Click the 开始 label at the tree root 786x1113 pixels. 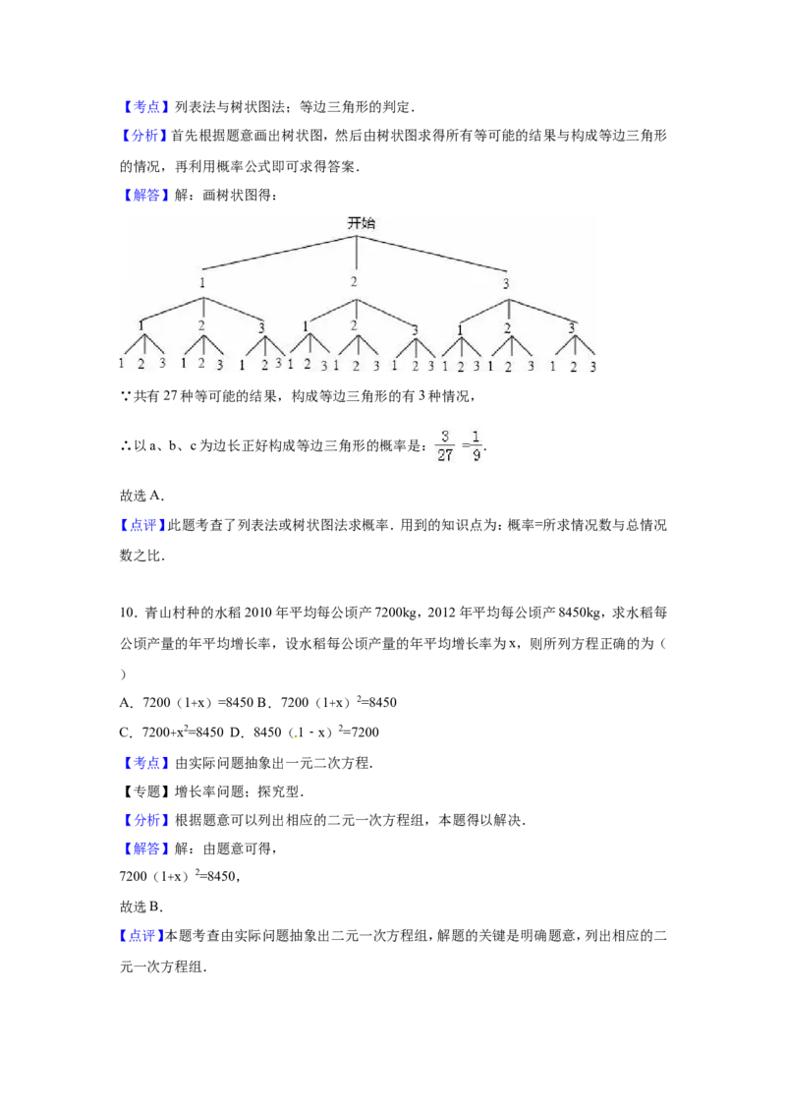[x=361, y=223]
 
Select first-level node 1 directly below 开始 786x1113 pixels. [x=202, y=283]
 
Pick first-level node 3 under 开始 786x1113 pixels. [x=506, y=283]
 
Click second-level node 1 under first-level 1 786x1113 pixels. [x=141, y=325]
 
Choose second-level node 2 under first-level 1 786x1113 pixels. [x=201, y=325]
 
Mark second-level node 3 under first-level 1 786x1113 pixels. [x=261, y=327]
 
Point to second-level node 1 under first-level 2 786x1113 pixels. [x=306, y=325]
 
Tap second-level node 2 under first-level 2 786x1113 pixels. [x=355, y=325]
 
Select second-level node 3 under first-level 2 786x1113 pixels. [x=415, y=329]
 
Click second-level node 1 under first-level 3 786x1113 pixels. [x=459, y=327]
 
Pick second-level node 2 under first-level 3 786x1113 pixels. [x=508, y=327]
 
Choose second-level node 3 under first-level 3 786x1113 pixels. [x=571, y=327]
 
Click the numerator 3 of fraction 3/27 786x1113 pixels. [x=445, y=436]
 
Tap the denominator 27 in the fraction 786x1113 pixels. [x=445, y=455]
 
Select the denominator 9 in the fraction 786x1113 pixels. [x=477, y=455]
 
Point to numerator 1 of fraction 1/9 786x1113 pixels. [x=477, y=436]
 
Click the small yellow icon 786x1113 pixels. [x=295, y=735]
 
